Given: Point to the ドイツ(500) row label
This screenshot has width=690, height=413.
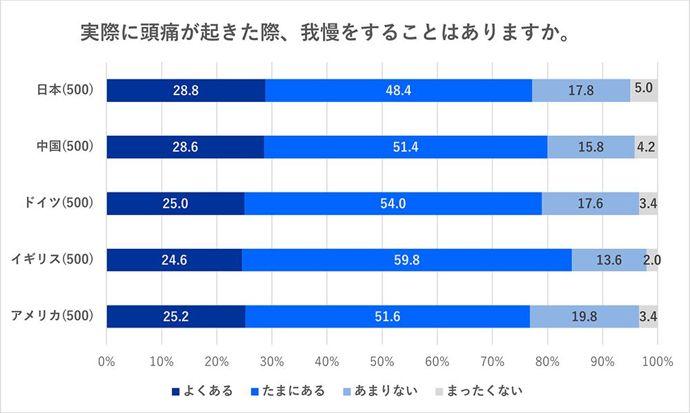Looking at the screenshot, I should [59, 203].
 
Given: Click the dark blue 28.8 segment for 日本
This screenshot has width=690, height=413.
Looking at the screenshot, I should [186, 90].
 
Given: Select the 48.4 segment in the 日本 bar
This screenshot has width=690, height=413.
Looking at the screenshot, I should [398, 90].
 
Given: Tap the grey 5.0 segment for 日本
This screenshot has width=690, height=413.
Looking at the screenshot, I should [644, 90].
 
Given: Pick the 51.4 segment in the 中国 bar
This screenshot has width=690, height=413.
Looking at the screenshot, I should [406, 147].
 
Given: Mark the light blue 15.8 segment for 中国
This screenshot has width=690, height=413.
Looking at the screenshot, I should [591, 147].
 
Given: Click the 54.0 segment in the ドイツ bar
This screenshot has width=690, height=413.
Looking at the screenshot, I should [393, 203].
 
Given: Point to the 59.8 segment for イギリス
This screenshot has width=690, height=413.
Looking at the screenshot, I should [406, 260].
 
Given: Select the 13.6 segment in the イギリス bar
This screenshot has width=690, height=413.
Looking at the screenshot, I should [609, 260].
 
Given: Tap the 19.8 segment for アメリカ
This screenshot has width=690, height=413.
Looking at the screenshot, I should [584, 316].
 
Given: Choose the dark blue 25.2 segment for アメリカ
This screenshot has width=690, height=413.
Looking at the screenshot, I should [176, 316].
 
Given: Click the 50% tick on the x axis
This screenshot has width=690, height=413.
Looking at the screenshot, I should [382, 361].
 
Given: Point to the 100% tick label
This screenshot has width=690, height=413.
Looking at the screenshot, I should [657, 361].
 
